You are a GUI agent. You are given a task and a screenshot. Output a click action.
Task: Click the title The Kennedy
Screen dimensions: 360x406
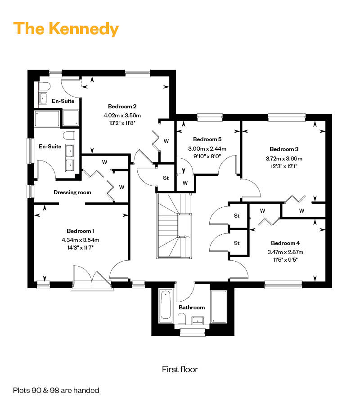coord(66,29)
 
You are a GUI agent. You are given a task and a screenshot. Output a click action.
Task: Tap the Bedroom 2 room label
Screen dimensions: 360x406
coord(122,107)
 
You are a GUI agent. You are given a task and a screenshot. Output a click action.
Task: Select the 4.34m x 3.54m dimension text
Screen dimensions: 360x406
coord(81,240)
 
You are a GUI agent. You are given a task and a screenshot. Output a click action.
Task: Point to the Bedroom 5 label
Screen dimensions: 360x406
coord(207,139)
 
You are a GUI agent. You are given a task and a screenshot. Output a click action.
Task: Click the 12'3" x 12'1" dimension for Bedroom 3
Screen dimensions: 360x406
coord(284,166)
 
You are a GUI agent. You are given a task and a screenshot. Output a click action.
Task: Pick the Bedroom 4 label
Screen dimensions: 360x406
coord(285,243)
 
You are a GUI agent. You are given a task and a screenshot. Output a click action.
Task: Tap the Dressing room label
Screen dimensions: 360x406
coord(72,192)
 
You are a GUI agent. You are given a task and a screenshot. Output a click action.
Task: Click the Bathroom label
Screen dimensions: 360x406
coord(192,308)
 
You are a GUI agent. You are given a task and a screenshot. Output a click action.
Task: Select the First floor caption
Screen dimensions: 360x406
coord(180,369)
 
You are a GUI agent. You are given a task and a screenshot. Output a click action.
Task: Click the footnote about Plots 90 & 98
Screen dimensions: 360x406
coord(56,390)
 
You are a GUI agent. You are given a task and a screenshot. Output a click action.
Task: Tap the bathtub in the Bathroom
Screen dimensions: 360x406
coord(165,306)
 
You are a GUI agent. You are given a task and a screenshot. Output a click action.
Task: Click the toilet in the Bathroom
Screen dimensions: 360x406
coord(182,319)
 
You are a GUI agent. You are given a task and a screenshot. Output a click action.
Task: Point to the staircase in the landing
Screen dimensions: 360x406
coord(174,226)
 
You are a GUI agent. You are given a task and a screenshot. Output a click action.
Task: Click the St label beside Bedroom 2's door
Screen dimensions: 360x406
coord(166,178)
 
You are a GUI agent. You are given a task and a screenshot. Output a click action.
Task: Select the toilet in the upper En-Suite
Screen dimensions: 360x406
coord(44,86)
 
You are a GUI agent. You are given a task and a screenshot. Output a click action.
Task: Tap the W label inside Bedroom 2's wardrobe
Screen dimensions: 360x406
coord(166,141)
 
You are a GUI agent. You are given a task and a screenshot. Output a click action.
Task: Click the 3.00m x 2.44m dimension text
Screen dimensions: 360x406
coord(207,149)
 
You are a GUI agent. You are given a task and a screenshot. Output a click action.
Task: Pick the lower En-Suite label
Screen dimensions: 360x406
coord(50,147)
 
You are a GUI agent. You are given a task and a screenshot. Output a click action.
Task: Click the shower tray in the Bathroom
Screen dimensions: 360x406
coord(219,307)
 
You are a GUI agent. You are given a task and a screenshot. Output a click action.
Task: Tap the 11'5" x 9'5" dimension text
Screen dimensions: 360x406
coord(285,260)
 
